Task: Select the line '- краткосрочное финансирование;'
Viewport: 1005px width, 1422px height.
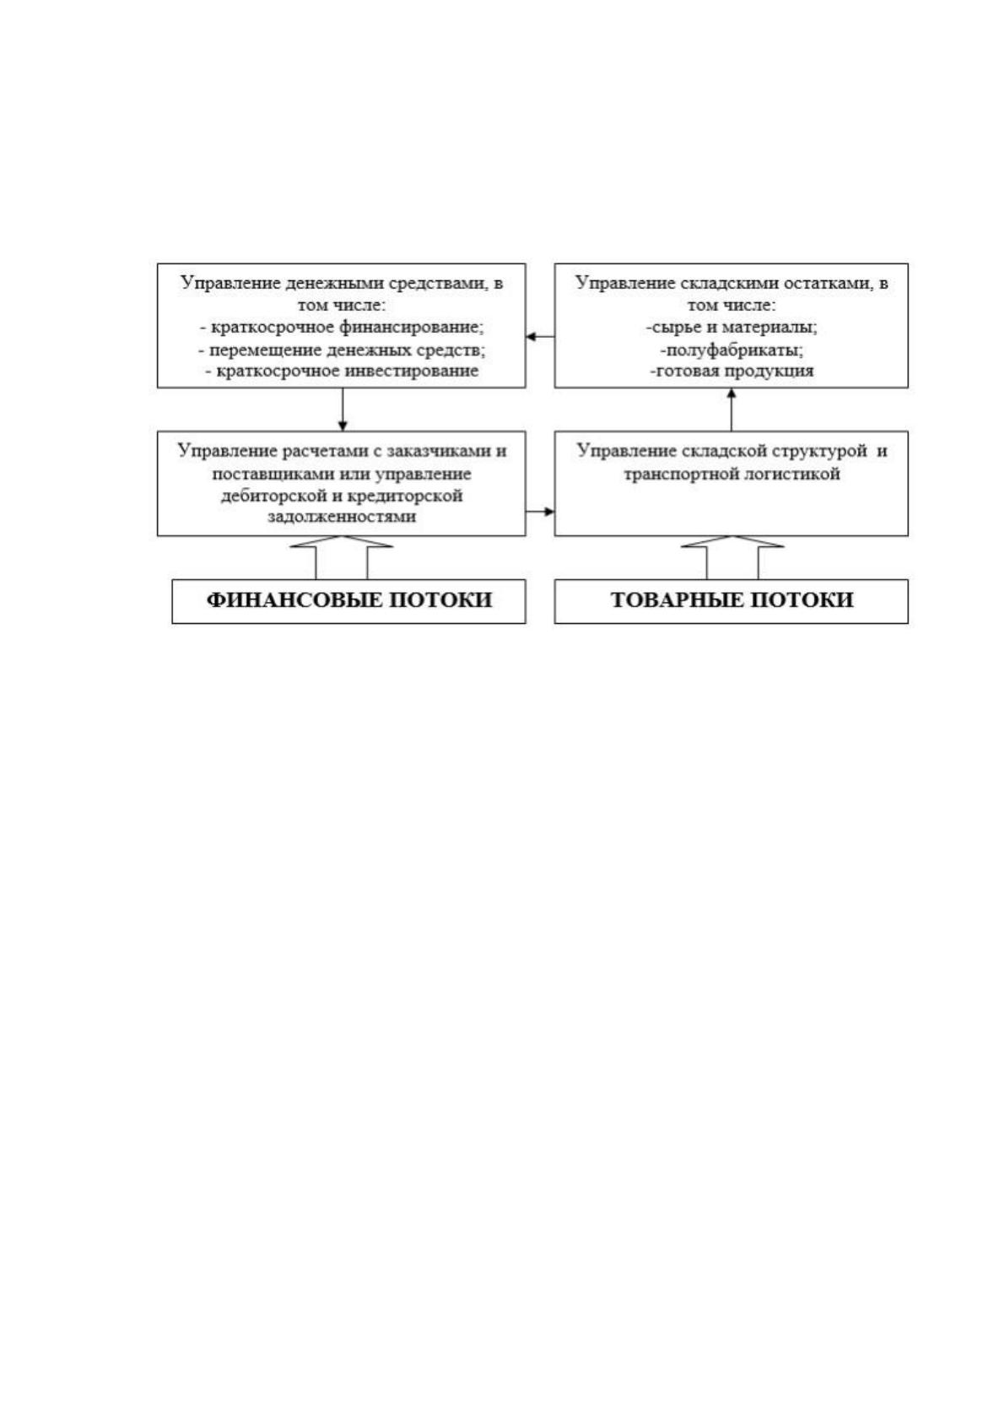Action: tap(342, 328)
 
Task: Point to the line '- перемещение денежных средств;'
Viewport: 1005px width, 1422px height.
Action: tap(342, 350)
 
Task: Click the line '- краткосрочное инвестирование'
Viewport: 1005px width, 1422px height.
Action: tap(342, 372)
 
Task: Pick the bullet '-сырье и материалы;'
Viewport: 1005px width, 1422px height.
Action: tap(732, 328)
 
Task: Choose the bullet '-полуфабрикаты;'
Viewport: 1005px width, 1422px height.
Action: tap(732, 350)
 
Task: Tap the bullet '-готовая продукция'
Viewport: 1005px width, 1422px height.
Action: tap(732, 372)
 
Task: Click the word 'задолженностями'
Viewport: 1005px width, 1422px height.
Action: tap(342, 517)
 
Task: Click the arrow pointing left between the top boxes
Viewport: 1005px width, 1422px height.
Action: tap(540, 336)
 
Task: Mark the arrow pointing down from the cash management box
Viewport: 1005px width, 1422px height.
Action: tap(343, 410)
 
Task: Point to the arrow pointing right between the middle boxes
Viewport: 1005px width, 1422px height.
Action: tap(540, 512)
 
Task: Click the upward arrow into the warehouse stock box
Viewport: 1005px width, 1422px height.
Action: tap(732, 410)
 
